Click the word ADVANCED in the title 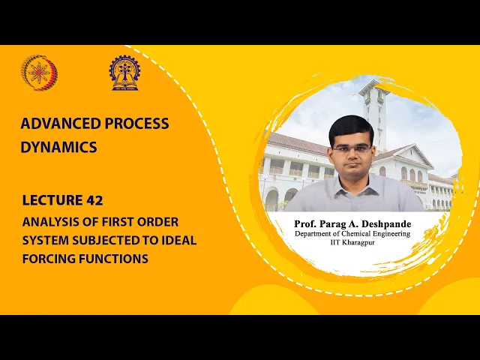point(61,123)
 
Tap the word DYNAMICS point(58,147)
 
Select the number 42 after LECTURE point(94,200)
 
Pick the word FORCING point(49,259)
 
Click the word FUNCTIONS point(113,259)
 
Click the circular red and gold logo point(39,73)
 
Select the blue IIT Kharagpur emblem point(124,73)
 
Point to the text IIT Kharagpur point(352,243)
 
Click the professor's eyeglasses point(352,149)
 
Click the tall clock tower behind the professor point(374,113)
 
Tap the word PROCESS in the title point(136,123)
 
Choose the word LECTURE point(52,200)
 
